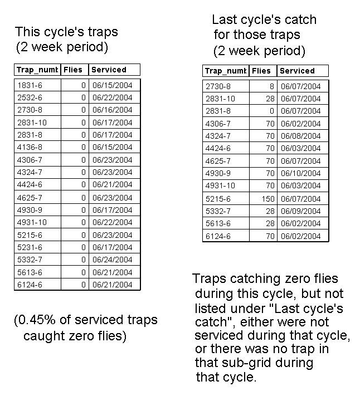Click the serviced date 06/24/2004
click(x=113, y=260)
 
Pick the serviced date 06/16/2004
click(x=113, y=110)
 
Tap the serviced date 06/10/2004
click(x=301, y=173)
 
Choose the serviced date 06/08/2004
click(x=301, y=136)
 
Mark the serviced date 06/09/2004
click(x=301, y=211)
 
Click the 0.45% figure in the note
click(x=33, y=320)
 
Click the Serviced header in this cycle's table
click(x=109, y=70)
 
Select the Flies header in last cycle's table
click(x=261, y=71)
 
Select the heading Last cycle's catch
click(x=264, y=20)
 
